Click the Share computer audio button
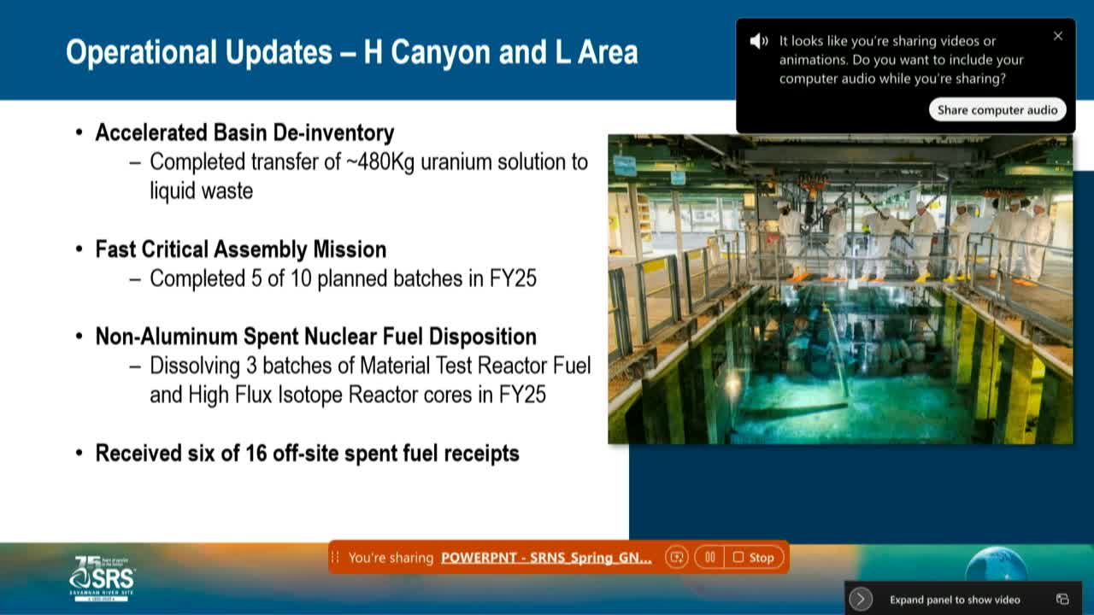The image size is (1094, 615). click(x=997, y=109)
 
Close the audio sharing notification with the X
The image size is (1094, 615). click(x=1058, y=36)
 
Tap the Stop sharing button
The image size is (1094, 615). click(x=753, y=557)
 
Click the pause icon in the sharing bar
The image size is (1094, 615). click(x=709, y=557)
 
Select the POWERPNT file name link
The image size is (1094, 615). click(x=546, y=558)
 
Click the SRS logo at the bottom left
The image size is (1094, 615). click(x=102, y=579)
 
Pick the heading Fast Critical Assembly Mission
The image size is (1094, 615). click(x=240, y=249)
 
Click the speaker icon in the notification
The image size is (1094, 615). click(x=759, y=41)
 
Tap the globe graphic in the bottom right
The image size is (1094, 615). click(x=997, y=564)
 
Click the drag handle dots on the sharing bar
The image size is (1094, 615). click(x=335, y=557)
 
